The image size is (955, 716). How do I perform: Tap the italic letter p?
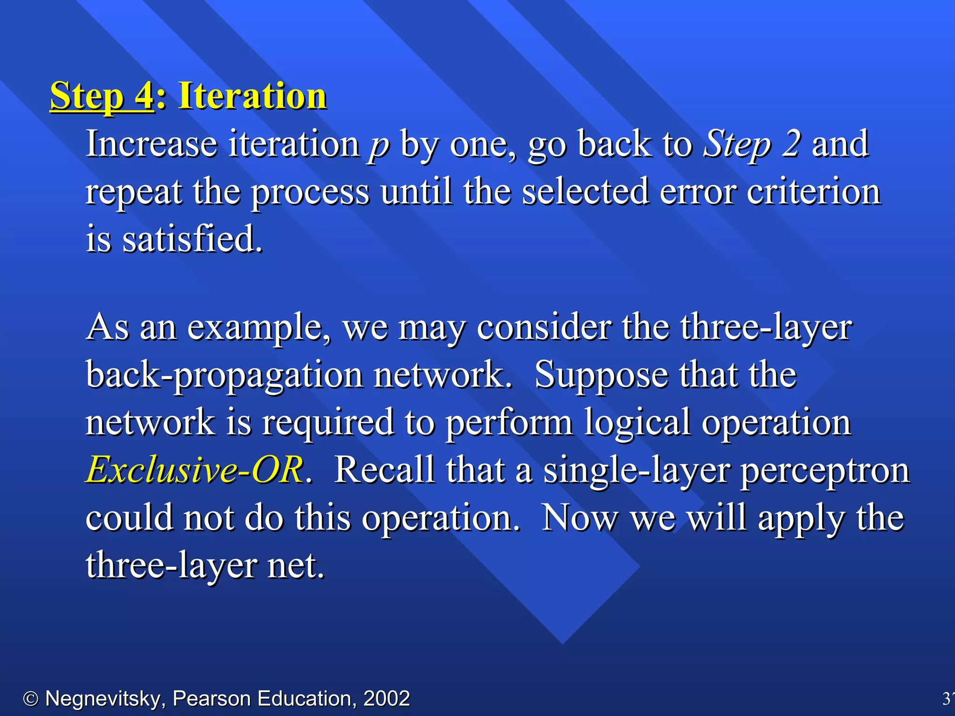click(379, 145)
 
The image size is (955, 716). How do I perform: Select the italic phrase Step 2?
click(752, 145)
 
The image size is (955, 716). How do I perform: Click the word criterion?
click(813, 192)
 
